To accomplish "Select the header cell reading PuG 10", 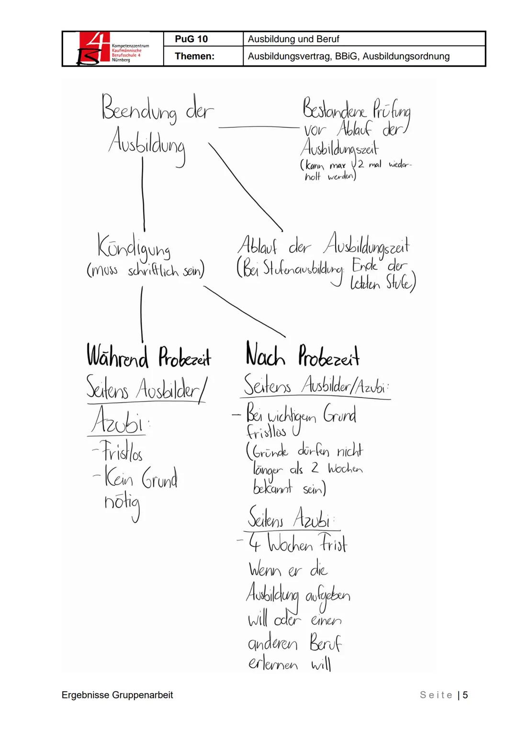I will pos(191,39).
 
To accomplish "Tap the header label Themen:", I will pos(194,56).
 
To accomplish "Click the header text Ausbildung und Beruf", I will pos(293,39).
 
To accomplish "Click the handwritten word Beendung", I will pos(139,109).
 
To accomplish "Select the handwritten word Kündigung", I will pos(134,247).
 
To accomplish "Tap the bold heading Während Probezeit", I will pos(148,357).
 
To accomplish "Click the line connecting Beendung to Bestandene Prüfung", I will pos(258,127).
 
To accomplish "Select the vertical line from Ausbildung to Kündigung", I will pos(143,194).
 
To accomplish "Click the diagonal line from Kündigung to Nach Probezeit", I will pos(244,312).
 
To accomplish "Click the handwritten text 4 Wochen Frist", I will pos(297,544).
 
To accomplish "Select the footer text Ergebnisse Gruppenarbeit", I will pos(117,695).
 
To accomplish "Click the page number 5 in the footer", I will pos(465,695).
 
